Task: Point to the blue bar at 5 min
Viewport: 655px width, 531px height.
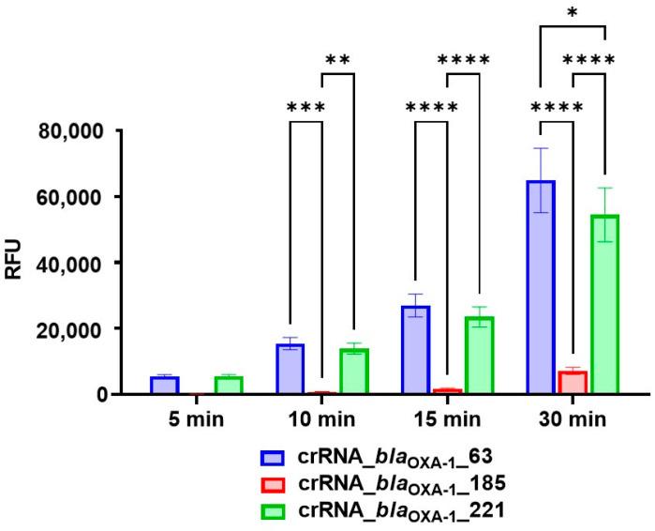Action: point(164,385)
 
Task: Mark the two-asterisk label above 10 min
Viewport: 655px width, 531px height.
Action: point(337,61)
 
